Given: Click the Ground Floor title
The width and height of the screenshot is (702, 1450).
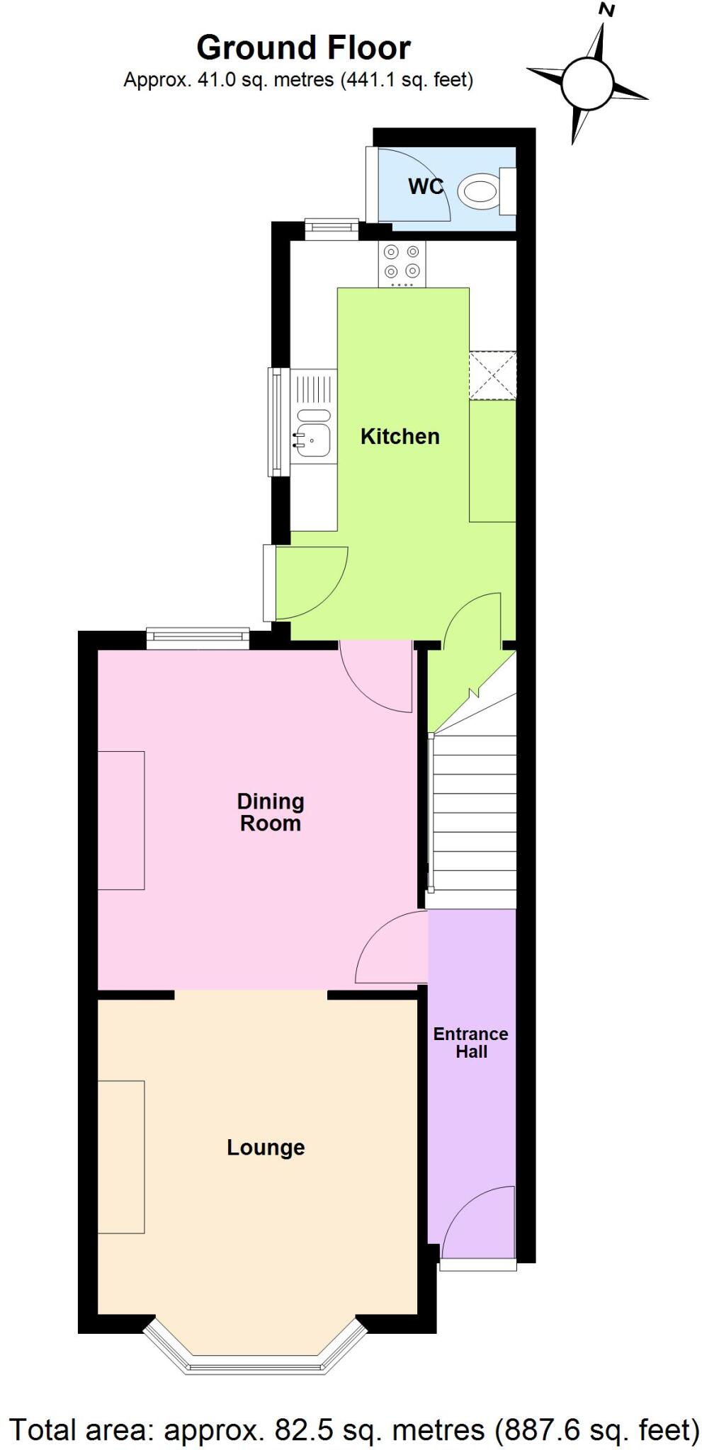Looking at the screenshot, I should point(303,48).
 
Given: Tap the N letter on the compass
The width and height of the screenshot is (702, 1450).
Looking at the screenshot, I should point(606,11).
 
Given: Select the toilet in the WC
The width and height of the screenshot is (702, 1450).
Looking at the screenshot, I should point(483,191).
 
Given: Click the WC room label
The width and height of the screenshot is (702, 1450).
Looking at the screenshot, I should point(425,186).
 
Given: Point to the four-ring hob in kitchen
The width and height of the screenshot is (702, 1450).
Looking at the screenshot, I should point(402,262).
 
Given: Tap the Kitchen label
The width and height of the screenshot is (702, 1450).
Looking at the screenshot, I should point(400,436).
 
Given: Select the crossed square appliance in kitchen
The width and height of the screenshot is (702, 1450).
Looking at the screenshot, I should point(492,375).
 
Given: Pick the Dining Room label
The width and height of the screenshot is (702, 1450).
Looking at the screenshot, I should point(270,812).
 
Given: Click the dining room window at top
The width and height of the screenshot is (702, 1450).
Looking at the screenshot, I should point(198,639).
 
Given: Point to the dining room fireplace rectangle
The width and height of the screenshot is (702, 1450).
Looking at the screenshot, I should point(121,820).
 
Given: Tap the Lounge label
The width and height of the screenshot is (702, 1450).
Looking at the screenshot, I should point(266,1147).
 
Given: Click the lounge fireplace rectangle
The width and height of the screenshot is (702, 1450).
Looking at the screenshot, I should point(121,1156).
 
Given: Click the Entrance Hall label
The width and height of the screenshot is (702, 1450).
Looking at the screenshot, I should point(471,1042).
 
